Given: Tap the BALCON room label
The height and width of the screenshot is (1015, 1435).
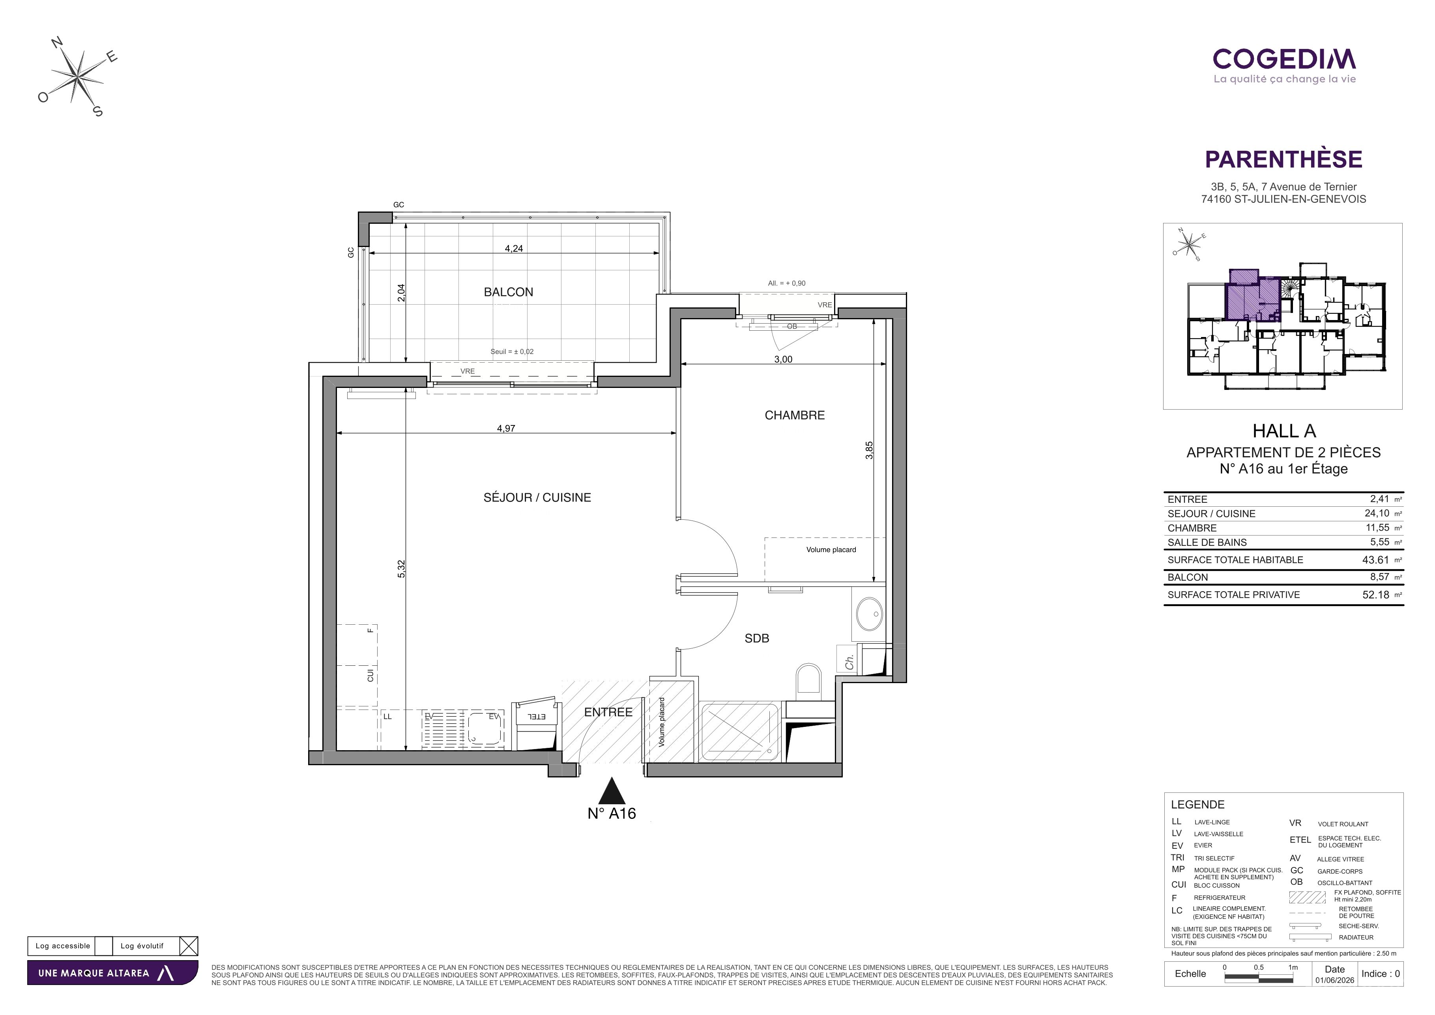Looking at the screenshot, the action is pos(508,292).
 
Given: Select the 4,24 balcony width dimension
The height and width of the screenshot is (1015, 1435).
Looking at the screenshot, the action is pos(514,248).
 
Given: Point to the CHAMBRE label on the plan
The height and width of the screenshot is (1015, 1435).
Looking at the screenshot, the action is pos(794,415).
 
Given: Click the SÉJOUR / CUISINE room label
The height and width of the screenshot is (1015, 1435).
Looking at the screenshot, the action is pos(537,498).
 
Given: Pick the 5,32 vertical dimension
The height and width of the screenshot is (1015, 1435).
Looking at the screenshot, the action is pos(401,568).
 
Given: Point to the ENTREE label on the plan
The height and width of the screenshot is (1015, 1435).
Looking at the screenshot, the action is pos(608,712).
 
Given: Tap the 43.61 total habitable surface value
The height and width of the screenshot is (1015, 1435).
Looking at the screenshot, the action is pos(1376,560).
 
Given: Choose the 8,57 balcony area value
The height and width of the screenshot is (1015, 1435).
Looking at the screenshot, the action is pos(1379,577).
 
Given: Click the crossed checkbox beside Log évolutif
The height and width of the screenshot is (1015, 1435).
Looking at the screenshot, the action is pos(189,946).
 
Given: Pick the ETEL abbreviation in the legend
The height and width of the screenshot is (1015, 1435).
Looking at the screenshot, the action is pos(1300,840).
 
